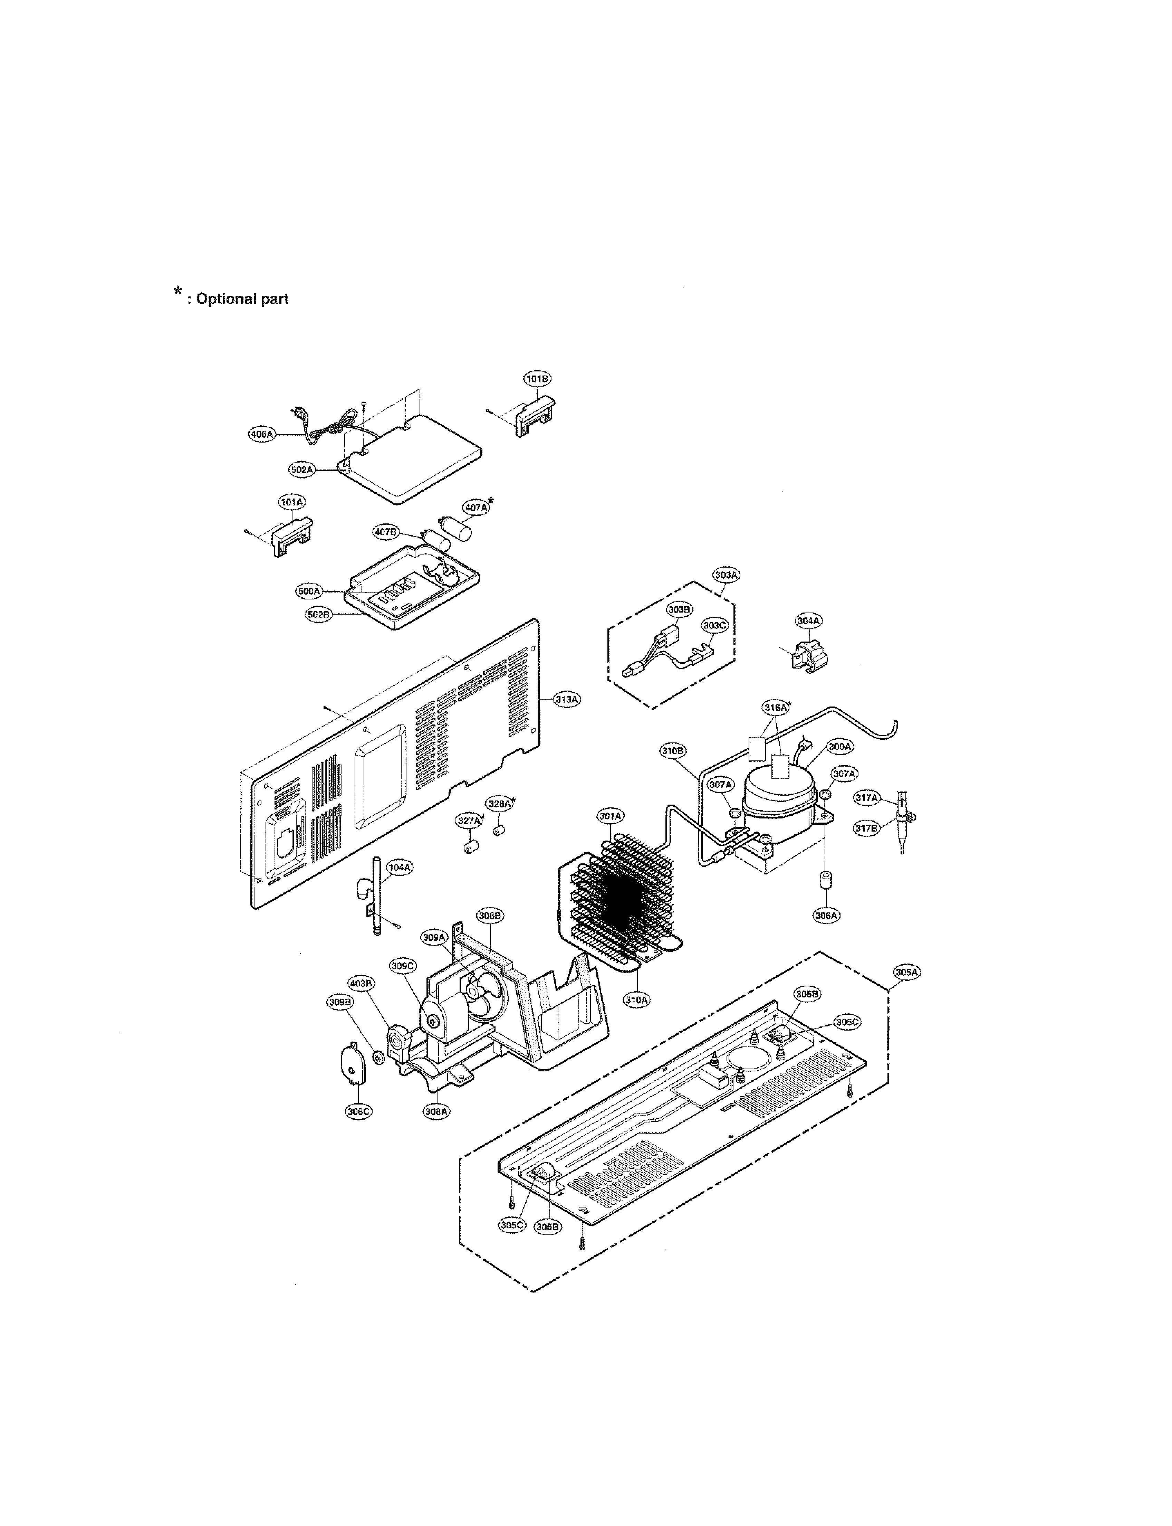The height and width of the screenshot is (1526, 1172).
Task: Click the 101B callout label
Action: point(537,378)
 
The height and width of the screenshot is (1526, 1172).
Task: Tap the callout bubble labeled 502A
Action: point(302,470)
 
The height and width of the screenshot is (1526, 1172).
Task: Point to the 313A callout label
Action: point(566,699)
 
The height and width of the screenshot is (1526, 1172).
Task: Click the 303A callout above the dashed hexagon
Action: point(726,575)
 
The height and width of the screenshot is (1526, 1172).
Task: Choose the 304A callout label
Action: point(808,620)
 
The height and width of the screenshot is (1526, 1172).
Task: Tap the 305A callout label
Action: point(907,972)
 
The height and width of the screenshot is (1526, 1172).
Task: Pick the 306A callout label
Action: point(826,916)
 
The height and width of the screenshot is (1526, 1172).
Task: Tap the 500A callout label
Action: point(308,591)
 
